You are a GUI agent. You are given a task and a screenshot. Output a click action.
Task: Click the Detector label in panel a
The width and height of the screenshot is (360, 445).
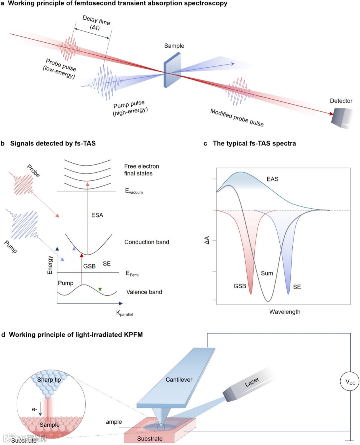tap(341, 101)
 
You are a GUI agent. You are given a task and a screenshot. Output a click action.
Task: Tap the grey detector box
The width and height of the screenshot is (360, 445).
tap(341, 117)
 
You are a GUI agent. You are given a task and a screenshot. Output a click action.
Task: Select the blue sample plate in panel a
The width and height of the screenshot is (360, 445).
tap(172, 70)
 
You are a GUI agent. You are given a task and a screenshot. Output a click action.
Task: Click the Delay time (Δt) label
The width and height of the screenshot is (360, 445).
tap(96, 23)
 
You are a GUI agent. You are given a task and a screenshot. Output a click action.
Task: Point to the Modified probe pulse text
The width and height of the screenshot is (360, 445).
tap(237, 117)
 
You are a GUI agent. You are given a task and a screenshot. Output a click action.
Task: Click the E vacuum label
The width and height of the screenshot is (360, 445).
tap(134, 191)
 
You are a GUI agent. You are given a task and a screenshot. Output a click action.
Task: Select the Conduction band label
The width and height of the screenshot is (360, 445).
tap(147, 242)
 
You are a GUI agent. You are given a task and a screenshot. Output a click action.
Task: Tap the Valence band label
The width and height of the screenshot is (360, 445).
tap(144, 292)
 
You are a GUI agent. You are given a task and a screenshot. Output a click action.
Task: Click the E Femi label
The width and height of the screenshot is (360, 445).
tap(132, 274)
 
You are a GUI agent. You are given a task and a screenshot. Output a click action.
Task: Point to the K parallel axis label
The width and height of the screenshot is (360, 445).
tap(124, 313)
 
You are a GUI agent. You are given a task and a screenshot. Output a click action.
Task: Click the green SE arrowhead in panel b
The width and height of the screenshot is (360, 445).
tap(100, 289)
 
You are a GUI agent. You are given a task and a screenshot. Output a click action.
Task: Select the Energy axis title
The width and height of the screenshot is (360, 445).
tap(50, 265)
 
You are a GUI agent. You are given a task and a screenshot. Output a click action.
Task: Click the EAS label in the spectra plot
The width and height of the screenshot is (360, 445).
tap(272, 179)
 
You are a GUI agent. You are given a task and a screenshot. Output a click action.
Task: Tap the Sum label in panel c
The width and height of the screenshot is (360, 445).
tap(267, 273)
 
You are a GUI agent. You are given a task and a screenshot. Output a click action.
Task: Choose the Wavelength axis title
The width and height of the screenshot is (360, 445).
tap(285, 312)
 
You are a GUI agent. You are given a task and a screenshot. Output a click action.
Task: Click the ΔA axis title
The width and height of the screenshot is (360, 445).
tap(207, 240)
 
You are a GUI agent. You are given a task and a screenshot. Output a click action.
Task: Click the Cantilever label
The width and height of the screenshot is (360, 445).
tap(179, 380)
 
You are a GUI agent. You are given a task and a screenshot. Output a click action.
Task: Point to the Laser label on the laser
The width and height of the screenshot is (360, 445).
tap(252, 382)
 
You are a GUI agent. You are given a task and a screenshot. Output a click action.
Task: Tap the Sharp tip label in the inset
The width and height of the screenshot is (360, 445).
tap(49, 380)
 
